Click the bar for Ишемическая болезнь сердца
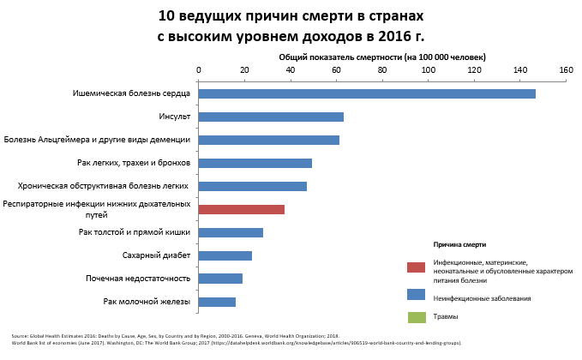coord(367,93)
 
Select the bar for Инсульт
coord(271,117)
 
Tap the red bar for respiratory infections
coord(241,209)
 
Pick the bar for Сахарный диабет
coord(225,255)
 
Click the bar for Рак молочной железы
coord(217,302)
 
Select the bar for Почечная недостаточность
coord(220,279)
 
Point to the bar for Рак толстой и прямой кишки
coord(231,232)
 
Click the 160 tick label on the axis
coord(565,70)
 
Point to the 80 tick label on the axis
coord(382,70)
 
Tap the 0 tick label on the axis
coord(199,70)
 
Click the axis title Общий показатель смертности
coord(382,57)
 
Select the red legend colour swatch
coord(416,267)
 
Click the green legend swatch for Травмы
coord(416,317)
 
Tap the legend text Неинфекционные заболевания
coord(482,298)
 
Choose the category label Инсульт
coord(174,117)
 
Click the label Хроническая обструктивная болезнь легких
coord(104,186)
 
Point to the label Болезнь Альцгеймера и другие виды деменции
coord(98,140)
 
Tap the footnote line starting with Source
coord(176,336)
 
